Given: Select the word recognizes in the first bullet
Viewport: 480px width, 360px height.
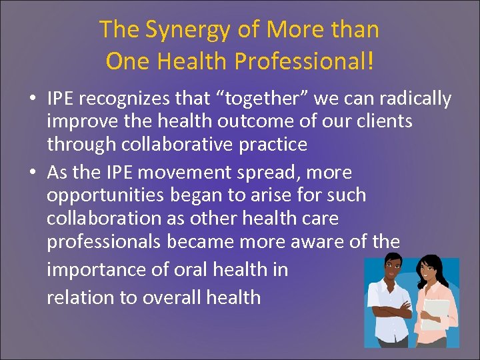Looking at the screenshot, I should pos(134,99).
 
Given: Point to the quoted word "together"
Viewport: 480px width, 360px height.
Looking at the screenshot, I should pos(235,99).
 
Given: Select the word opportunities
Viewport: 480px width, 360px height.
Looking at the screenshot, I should pos(107,195).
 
